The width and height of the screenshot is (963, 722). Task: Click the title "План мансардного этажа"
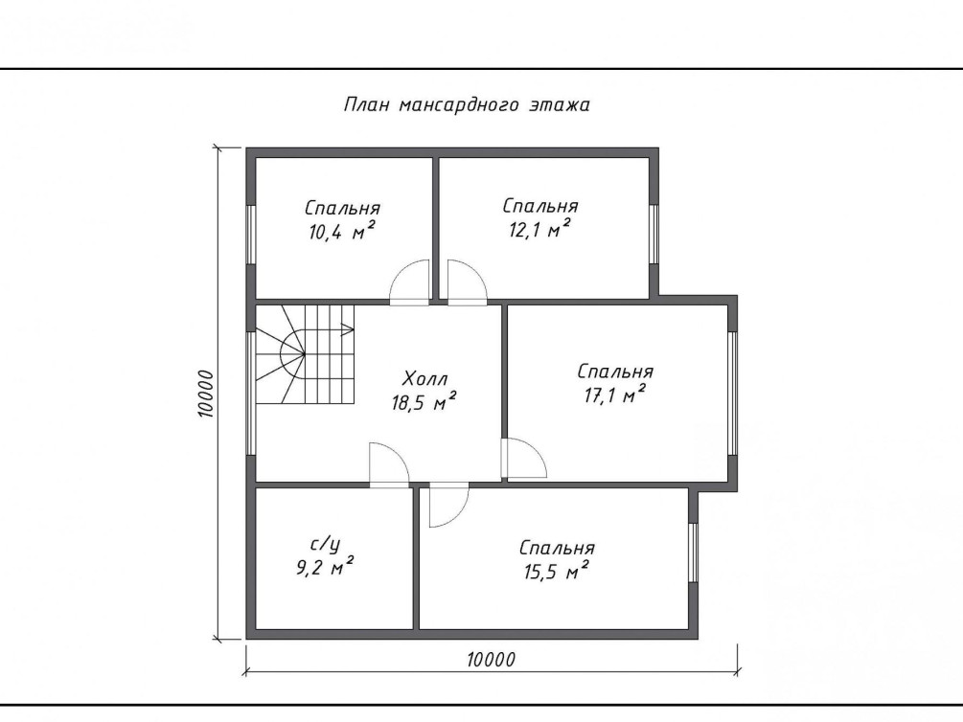click(467, 105)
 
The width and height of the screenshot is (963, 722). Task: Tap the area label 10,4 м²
click(343, 232)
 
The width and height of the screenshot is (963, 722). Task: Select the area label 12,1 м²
click(539, 229)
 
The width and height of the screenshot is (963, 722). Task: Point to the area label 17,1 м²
click(615, 395)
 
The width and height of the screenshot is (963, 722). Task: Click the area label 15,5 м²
click(557, 572)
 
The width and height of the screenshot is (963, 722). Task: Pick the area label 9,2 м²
click(325, 567)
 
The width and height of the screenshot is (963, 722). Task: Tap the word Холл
click(425, 378)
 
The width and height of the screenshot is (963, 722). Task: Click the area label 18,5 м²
click(424, 403)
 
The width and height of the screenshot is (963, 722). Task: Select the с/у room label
click(325, 544)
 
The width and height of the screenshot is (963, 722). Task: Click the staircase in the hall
click(306, 354)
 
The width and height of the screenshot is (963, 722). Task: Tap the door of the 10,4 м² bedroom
click(410, 282)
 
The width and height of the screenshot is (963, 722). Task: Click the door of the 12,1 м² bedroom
click(468, 282)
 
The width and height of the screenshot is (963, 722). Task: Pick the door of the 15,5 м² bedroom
click(449, 505)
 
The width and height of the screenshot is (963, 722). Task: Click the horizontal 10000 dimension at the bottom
click(492, 660)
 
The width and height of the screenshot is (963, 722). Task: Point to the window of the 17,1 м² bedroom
click(732, 394)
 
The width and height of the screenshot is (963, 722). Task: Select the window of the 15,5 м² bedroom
click(694, 553)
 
